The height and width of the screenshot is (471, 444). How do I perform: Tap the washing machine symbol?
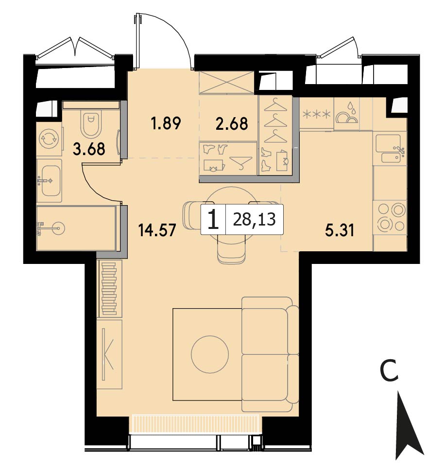pyautogui.click(x=49, y=139)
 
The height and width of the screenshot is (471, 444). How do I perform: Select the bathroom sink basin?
pyautogui.click(x=51, y=180)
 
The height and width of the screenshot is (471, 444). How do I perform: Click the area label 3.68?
pyautogui.click(x=89, y=149)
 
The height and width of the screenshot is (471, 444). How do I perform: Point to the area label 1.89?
pyautogui.click(x=166, y=123)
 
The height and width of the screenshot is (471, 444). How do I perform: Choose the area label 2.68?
pyautogui.click(x=232, y=123)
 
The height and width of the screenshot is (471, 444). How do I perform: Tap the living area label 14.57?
pyautogui.click(x=157, y=230)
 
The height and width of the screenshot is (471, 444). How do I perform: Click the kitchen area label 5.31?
pyautogui.click(x=340, y=230)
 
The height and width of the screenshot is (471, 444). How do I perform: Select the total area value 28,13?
pyautogui.click(x=254, y=219)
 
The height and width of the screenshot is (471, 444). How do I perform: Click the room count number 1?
pyautogui.click(x=213, y=220)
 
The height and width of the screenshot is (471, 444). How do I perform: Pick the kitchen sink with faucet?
pyautogui.click(x=390, y=149)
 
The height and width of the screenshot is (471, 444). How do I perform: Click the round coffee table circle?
pyautogui.click(x=210, y=354)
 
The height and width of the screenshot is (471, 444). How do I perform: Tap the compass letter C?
pyautogui.click(x=389, y=371)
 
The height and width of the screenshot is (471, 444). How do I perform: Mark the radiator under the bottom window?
pyautogui.click(x=194, y=424)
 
